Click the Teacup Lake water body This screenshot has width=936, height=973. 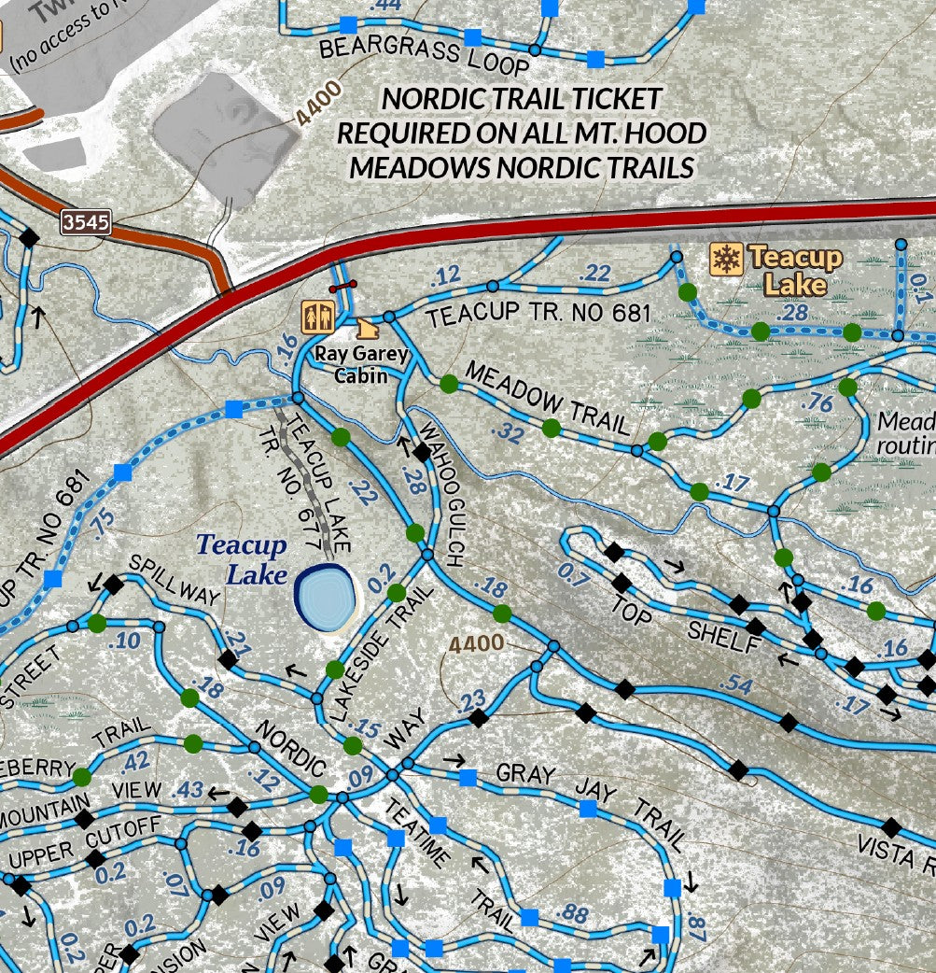(324, 596)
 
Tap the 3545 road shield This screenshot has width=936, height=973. (87, 222)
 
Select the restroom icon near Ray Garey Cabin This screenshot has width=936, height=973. (317, 317)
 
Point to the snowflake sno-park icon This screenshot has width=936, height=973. (725, 259)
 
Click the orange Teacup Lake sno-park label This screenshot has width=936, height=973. (795, 270)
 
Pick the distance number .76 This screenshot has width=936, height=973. (817, 402)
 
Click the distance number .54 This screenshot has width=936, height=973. (736, 684)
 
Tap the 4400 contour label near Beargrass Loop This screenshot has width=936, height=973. (319, 104)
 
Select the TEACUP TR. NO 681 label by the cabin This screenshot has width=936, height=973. (538, 315)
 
